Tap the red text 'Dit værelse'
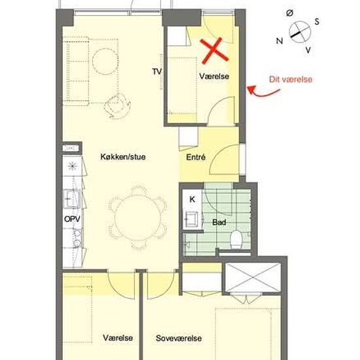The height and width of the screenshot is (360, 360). pyautogui.click(x=291, y=80)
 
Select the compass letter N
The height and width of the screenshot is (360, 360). pyautogui.click(x=279, y=41)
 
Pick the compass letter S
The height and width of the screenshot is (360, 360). pyautogui.click(x=317, y=21)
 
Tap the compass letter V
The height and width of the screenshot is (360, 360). pyautogui.click(x=308, y=50)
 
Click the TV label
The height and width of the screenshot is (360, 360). pyautogui.click(x=156, y=71)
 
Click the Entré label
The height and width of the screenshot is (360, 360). pyautogui.click(x=196, y=158)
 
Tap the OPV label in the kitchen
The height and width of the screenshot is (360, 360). pyautogui.click(x=72, y=218)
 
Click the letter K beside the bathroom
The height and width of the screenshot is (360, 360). pyautogui.click(x=192, y=199)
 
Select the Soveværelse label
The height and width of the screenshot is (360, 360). pyautogui.click(x=179, y=338)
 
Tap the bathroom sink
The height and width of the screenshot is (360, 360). pyautogui.click(x=194, y=218)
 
